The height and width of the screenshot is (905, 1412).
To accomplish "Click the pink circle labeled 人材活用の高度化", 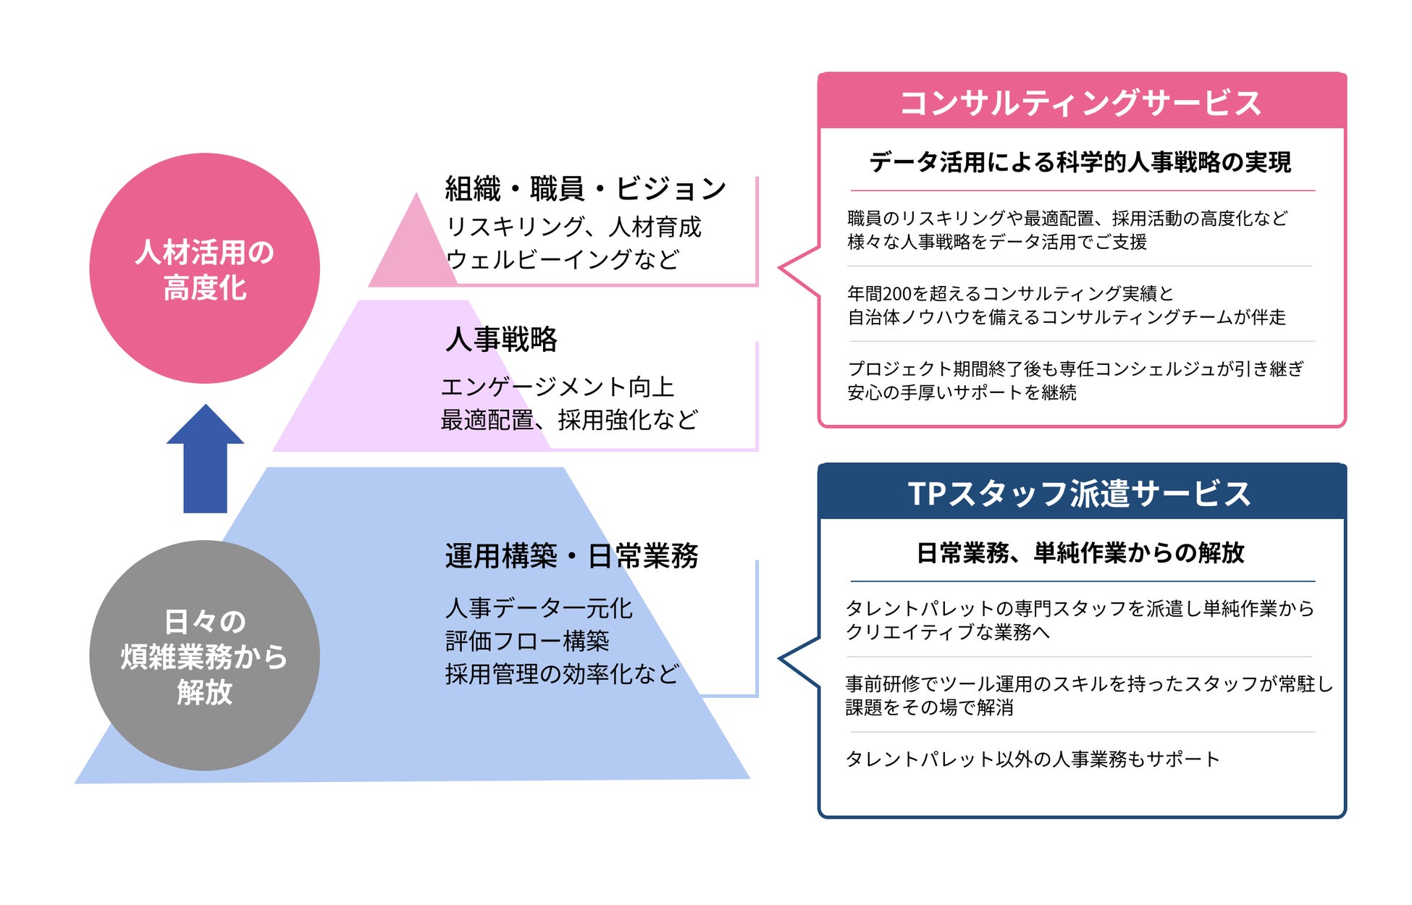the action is [x=204, y=268].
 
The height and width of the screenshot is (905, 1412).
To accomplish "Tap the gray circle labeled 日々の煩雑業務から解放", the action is [x=204, y=655].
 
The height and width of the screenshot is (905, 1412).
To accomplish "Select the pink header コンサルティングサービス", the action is [x=1081, y=102].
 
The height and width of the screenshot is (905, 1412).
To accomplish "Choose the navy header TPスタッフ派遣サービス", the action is [x=1081, y=493].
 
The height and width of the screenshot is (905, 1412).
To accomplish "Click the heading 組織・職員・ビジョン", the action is [x=585, y=189].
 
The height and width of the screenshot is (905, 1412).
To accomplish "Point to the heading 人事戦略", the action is [x=501, y=339].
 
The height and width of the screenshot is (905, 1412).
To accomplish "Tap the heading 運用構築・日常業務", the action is [x=571, y=556].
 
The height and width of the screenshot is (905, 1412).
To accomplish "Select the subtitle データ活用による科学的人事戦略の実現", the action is [x=1080, y=162].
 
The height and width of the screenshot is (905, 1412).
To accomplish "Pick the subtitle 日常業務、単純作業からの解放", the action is [x=1080, y=553].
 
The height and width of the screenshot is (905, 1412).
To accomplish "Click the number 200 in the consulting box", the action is [x=897, y=294].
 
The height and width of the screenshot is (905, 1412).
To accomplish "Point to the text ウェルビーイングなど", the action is [x=563, y=259].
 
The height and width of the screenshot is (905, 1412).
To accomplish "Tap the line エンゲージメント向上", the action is [x=558, y=387].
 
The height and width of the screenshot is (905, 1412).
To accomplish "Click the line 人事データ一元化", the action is [x=539, y=608].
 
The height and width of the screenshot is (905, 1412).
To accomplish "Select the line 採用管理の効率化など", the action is [x=562, y=674].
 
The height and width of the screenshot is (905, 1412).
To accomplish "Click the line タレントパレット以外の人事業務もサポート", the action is [x=1033, y=759].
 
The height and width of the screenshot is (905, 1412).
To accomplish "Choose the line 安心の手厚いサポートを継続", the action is [x=962, y=392].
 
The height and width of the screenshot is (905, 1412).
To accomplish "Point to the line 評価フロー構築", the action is [x=527, y=641].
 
